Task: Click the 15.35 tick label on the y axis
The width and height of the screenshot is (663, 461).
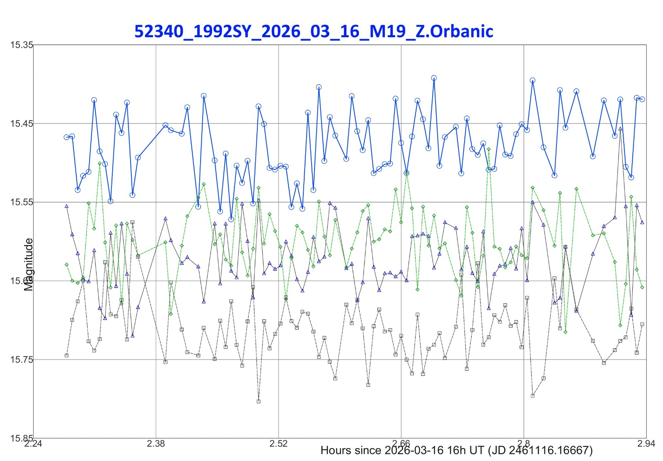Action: (x=22, y=45)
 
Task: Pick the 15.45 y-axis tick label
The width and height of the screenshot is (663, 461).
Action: (x=22, y=123)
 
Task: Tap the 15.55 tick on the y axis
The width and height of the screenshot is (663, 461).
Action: (x=22, y=202)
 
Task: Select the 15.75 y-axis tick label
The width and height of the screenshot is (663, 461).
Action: (x=22, y=360)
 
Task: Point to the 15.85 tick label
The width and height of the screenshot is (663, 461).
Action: (x=22, y=438)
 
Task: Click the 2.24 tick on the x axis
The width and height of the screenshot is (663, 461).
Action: (x=33, y=444)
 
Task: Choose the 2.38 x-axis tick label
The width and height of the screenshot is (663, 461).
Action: (x=156, y=444)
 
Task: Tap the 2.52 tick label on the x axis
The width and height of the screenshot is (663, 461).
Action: (x=278, y=444)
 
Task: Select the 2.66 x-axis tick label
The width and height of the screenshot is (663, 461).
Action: (x=401, y=444)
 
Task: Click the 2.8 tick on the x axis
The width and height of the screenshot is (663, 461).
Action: (x=524, y=444)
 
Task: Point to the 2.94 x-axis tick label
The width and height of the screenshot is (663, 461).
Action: (x=646, y=444)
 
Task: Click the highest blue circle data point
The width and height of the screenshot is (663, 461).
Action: (x=434, y=78)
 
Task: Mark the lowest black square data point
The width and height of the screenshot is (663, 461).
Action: (x=259, y=401)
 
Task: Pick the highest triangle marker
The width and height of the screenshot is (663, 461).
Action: (x=620, y=129)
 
